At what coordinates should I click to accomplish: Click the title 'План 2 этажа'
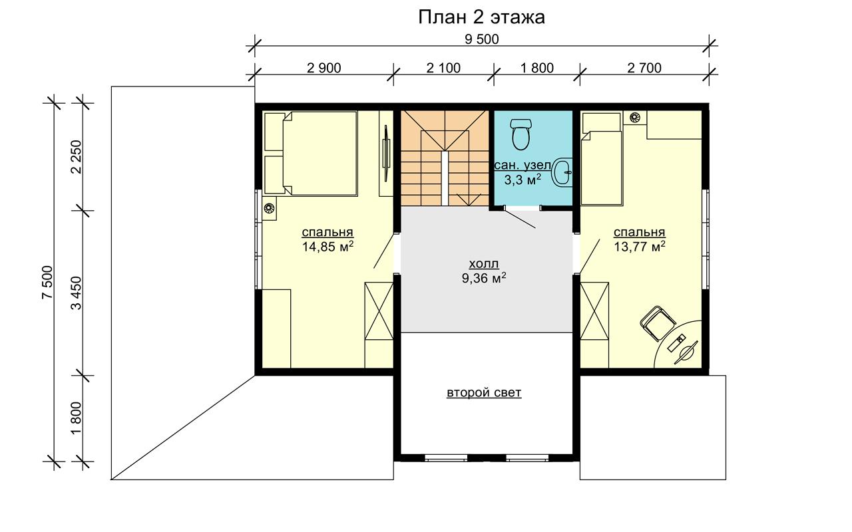point(481,17)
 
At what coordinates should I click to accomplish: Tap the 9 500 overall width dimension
point(481,39)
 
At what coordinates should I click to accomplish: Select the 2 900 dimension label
point(323,68)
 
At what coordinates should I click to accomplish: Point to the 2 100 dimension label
point(443,68)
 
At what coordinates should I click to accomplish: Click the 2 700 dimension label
point(644,68)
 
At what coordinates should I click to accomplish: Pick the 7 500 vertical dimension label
point(47,283)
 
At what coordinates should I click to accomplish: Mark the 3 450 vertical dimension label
point(77,293)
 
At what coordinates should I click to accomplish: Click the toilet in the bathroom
point(521,134)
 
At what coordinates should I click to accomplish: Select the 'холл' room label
point(484,264)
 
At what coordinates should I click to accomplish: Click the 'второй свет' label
point(484,392)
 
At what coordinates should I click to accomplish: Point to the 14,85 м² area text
point(327,246)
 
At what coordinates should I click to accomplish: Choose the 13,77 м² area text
point(640,246)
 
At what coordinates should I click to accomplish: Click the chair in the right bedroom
point(658,323)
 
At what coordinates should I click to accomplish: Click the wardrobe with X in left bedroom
point(379,311)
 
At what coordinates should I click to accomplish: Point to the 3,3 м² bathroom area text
point(523,180)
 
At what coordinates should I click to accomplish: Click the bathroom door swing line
point(520,218)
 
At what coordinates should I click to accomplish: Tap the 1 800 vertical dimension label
point(77,418)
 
